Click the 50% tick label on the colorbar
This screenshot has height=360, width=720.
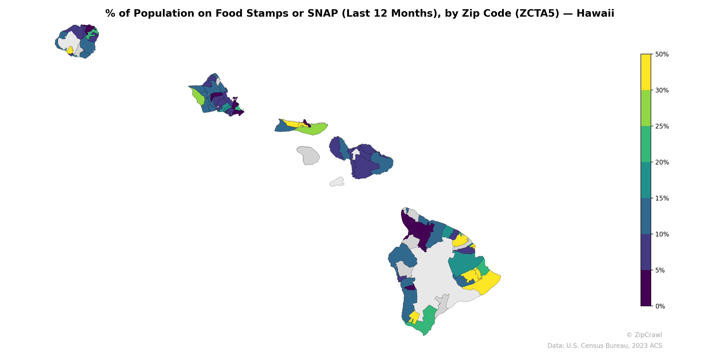661,54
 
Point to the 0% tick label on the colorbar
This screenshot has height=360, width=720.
660,306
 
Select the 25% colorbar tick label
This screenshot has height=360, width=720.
661,126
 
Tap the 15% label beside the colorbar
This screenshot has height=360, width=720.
661,198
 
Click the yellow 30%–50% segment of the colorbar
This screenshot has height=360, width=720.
646,72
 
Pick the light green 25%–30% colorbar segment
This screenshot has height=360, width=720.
646,108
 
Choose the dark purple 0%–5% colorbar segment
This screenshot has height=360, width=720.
646,288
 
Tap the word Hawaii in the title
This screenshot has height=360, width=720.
595,13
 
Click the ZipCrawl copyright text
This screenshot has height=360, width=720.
644,335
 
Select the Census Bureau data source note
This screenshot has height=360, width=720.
605,346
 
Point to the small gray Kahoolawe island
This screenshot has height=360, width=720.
337,182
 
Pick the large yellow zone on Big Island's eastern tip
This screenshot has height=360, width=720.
486,282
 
